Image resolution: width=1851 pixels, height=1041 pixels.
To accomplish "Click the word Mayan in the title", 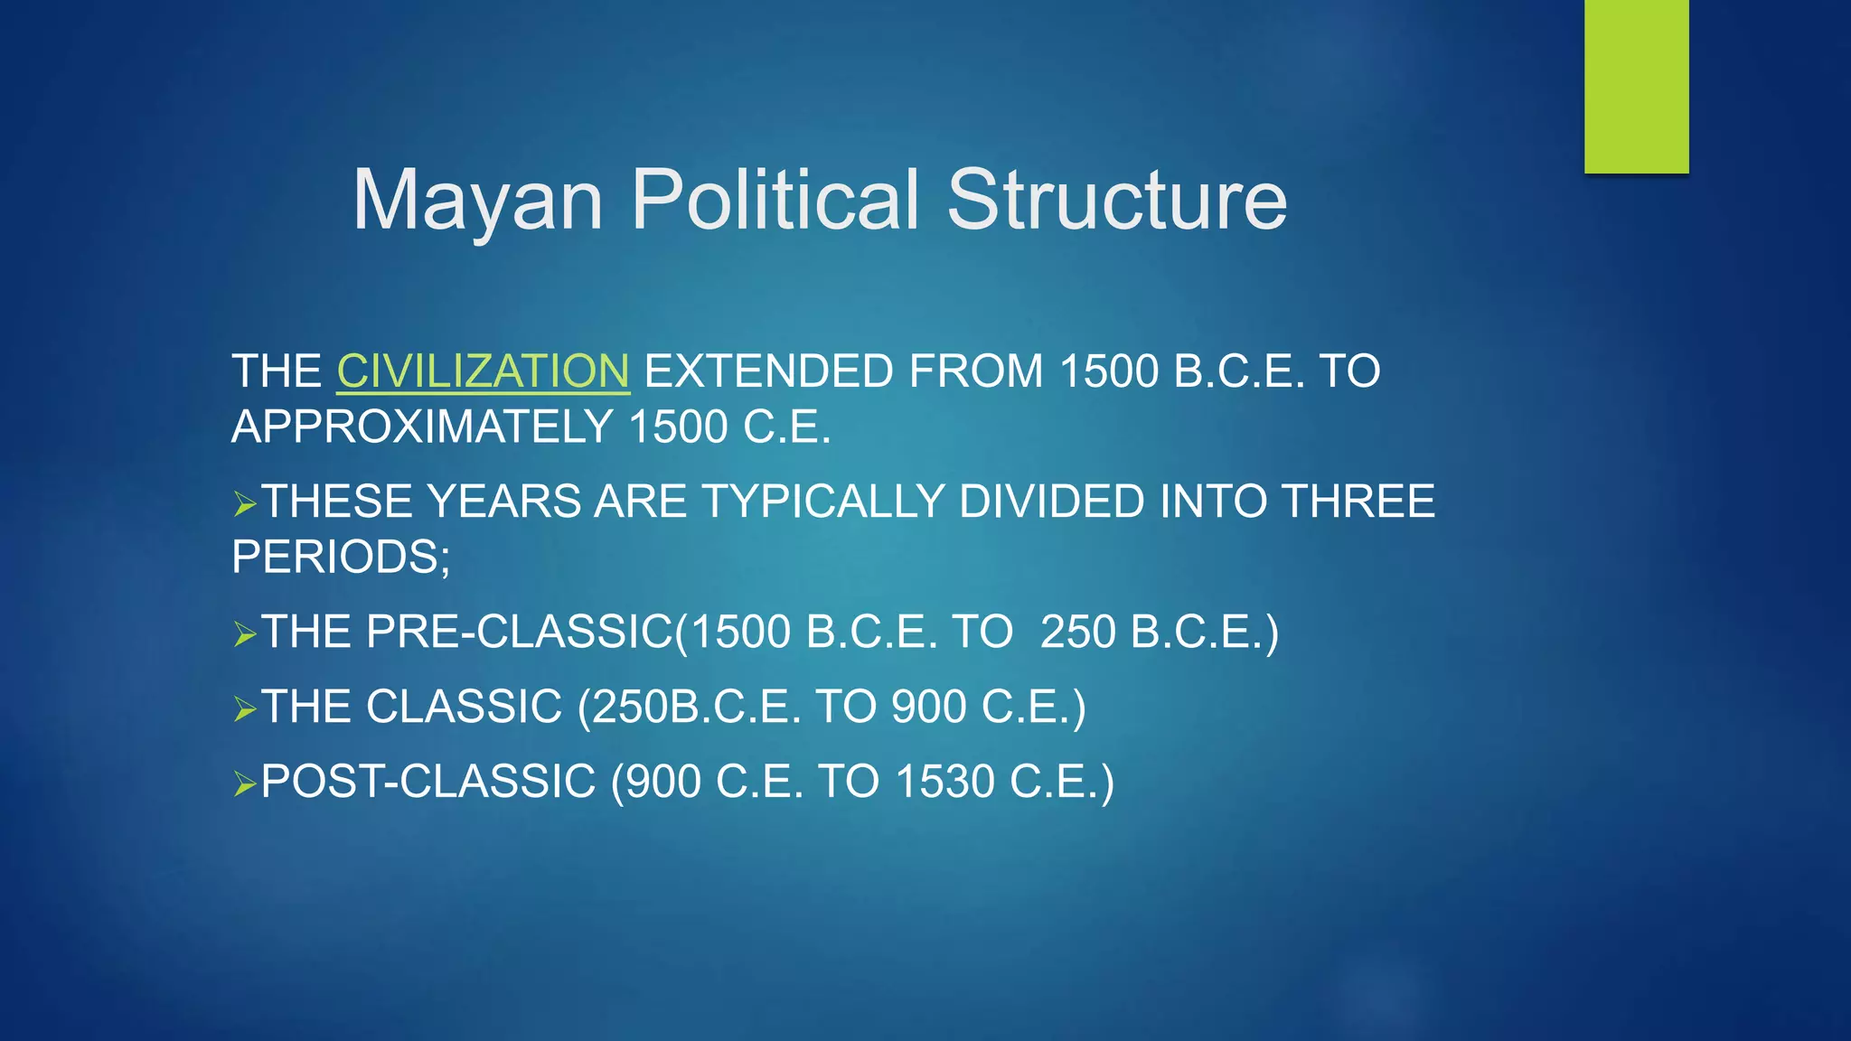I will pos(477,201).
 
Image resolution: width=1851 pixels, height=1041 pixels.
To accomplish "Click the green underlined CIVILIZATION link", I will pos(483,371).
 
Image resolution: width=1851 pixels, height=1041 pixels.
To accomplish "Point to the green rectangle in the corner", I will pos(1636,86).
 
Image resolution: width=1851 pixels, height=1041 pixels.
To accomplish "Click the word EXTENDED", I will pos(768,371).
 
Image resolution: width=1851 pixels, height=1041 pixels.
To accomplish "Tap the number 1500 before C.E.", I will pos(677,427).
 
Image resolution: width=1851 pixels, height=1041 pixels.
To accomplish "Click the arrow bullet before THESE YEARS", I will pos(244,503).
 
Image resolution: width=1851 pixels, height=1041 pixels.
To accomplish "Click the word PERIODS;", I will pos(341,557).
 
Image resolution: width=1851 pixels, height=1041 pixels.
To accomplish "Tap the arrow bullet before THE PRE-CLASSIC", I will pos(244,633).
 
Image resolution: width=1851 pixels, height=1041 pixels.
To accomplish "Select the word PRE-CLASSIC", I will pos(520,632).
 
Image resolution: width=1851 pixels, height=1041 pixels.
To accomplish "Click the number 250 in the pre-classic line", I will pos(1077,632).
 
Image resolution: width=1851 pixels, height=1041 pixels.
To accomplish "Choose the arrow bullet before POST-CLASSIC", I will pos(244,783).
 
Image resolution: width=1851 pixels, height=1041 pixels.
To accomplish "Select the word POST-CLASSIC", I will pos(428,782).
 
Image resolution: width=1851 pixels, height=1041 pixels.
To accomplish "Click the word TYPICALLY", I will pos(822,502).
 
